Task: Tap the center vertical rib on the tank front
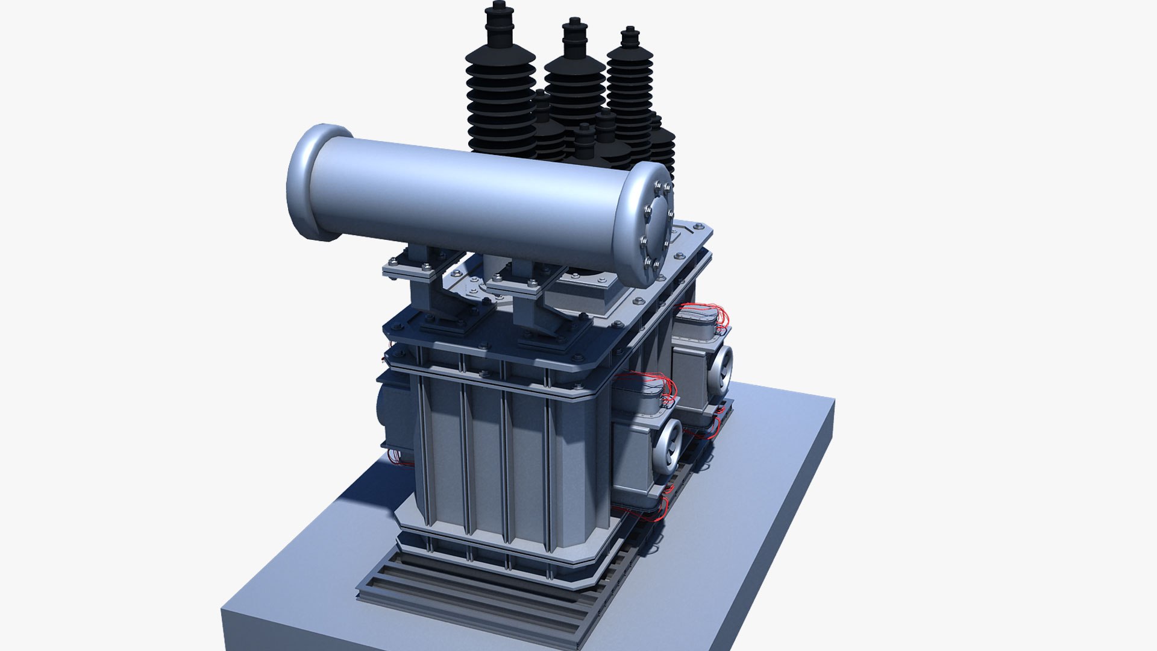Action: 506,464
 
